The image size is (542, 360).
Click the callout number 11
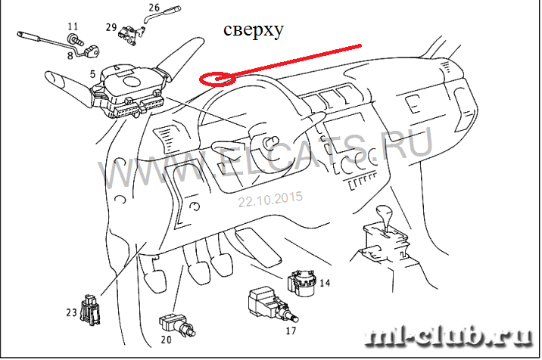(x=73, y=26)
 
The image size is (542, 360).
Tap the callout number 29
(x=111, y=27)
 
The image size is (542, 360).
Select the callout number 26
(x=154, y=9)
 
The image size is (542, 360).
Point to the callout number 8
(x=70, y=54)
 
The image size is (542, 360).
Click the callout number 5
(x=92, y=74)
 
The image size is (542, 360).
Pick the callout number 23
(x=71, y=311)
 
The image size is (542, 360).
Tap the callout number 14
(x=325, y=283)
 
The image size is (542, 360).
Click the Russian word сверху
(x=253, y=30)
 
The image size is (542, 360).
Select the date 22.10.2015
(x=270, y=200)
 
